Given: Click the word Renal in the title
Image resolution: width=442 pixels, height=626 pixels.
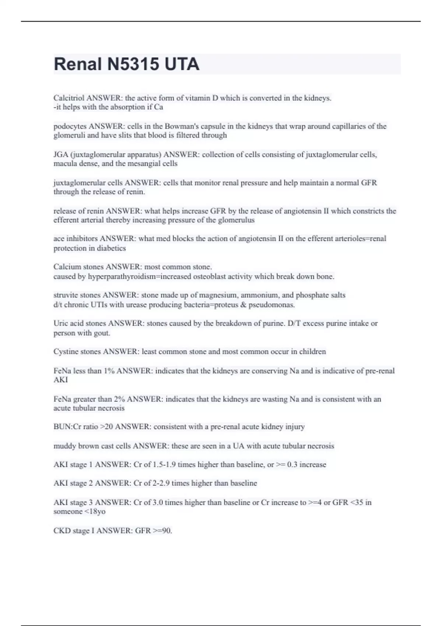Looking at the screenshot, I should coord(78,64).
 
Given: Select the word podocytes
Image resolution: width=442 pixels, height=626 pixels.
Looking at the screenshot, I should coord(70,126).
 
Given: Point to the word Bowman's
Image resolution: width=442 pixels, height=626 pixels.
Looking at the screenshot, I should coord(180,126).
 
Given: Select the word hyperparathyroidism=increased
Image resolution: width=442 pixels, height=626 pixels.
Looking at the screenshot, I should coord(140,277).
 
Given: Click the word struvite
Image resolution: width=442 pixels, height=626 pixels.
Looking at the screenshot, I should coord(64,295).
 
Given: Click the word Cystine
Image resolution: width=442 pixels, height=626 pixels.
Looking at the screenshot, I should coord(66,352).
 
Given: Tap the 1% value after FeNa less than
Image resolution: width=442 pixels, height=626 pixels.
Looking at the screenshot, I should coord(109,371).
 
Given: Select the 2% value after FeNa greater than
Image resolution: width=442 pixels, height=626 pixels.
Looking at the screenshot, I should coord(119,399).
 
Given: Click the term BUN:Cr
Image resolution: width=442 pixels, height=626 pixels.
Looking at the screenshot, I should coord(67,427).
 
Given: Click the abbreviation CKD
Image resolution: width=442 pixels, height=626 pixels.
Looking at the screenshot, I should coord(62,531).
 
